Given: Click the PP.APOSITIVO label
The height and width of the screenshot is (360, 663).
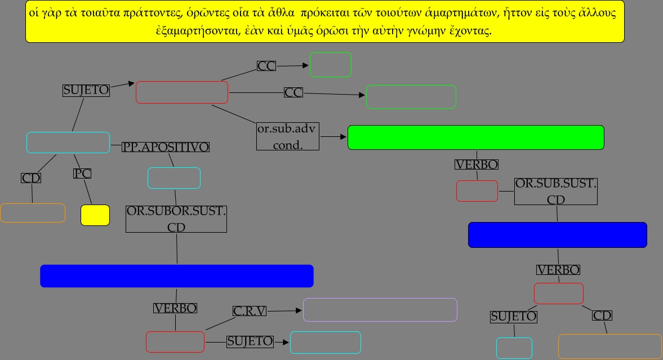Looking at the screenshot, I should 166,147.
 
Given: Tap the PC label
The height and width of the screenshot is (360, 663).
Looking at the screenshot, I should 82,174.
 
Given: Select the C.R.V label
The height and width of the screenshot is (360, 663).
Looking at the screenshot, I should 250,311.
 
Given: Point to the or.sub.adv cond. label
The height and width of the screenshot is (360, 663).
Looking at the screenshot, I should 287,137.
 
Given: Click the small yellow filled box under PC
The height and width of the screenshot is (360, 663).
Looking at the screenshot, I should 95,215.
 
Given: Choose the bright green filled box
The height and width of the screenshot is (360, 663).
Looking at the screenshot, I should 475,137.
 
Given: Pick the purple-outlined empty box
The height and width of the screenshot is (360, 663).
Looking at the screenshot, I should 380,310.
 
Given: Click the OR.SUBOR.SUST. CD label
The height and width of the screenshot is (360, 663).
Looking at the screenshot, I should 176,219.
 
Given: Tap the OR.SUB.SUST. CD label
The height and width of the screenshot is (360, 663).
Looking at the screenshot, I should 555,192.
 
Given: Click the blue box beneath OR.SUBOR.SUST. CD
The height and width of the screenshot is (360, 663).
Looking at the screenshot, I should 176,276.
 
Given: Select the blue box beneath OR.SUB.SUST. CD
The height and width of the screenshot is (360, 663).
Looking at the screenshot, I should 557,235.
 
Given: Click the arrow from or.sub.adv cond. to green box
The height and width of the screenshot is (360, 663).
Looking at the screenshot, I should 333,137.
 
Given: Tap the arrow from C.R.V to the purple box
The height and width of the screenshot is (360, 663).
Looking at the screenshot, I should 285,310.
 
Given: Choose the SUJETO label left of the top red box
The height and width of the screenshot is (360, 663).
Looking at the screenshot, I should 86,90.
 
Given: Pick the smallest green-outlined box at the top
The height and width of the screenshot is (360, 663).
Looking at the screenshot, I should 330,65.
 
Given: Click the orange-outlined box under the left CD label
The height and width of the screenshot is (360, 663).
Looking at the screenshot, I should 33,213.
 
